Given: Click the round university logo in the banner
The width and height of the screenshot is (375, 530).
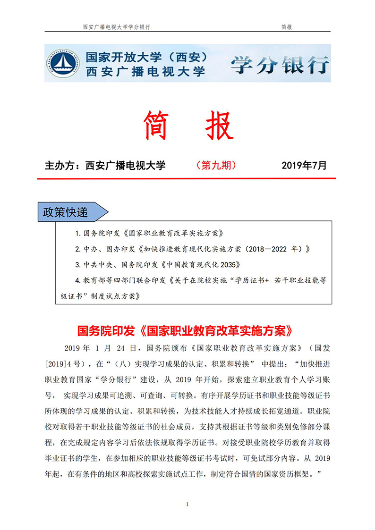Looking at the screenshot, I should point(63,63).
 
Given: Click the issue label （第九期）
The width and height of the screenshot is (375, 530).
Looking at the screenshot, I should point(215,165).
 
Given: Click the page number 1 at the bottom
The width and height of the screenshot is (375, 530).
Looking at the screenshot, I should point(187,505).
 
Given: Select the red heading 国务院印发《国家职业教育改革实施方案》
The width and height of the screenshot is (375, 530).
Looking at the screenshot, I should point(187,329).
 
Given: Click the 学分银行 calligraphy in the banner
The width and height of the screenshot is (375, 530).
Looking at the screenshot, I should point(280,64).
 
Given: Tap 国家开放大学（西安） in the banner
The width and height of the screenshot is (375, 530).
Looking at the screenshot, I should point(147,57).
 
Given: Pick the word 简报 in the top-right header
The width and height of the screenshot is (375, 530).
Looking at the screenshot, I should point(286,27).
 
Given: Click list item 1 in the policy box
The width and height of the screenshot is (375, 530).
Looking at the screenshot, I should point(149,233).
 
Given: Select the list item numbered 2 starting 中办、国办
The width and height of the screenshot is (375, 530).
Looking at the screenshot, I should point(193,249).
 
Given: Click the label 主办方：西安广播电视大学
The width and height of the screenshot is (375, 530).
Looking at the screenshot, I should point(105,166).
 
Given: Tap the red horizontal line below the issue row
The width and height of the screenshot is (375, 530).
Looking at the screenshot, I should point(187,178).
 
